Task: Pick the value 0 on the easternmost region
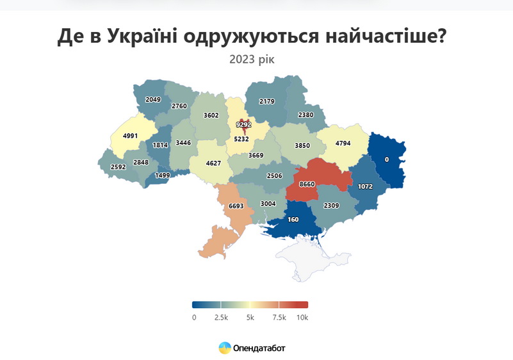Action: [x=386, y=159]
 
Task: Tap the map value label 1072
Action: [x=366, y=186]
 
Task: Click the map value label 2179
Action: [x=267, y=101]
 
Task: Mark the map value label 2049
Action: [x=153, y=99]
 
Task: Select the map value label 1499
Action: [x=163, y=176]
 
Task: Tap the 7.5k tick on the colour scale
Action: [x=279, y=317]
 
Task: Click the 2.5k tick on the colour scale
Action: [x=221, y=317]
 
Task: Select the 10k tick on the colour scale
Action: [x=302, y=317]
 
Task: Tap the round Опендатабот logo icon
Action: [x=225, y=348]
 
